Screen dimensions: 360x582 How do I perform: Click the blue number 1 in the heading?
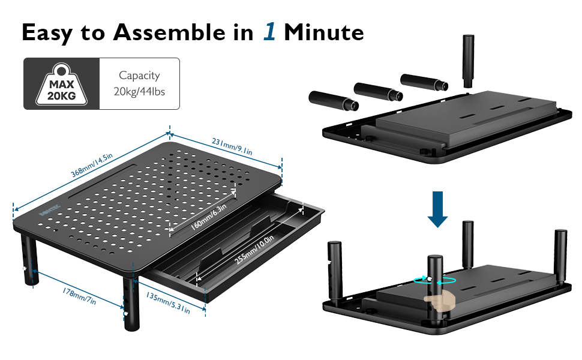[x=269, y=32]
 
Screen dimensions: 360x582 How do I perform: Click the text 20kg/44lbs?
[x=140, y=92]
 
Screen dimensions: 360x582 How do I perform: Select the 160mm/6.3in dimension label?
[x=206, y=217]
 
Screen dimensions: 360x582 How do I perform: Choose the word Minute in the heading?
[x=324, y=32]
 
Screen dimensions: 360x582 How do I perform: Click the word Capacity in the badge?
[x=140, y=76]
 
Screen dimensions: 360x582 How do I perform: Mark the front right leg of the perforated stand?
[x=130, y=303]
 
